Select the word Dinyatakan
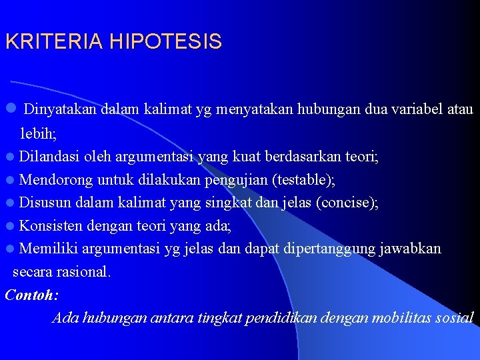[61, 109]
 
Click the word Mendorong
[56, 180]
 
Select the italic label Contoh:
[31, 295]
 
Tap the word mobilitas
[392, 317]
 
